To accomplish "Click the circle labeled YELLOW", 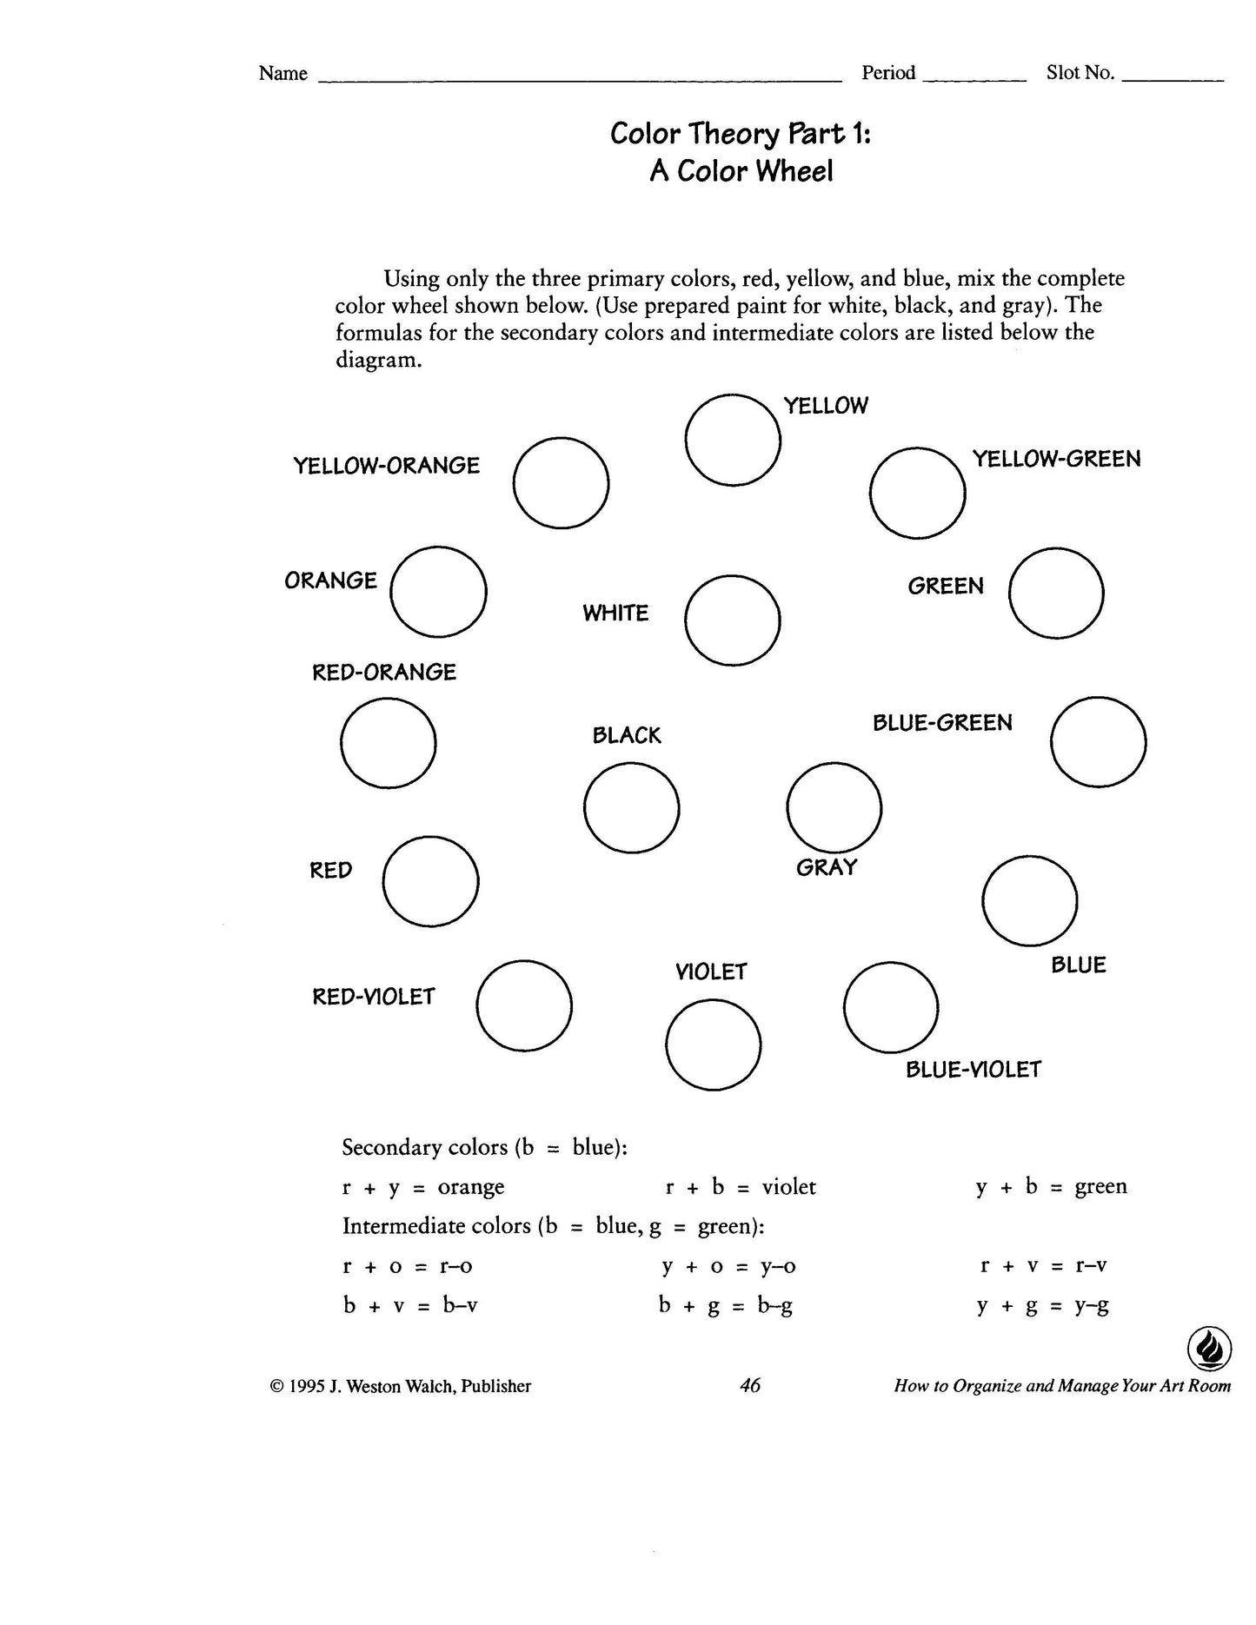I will click(732, 440).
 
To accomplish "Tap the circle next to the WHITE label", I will click(732, 620).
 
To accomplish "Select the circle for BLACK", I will click(631, 807).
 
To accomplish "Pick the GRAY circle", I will click(834, 807).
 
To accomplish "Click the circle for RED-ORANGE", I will click(388, 743).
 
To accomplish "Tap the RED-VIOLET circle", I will click(524, 1005).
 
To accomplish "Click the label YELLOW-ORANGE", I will click(386, 466).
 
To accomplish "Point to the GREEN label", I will click(946, 587).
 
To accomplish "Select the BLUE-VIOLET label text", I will click(973, 1070).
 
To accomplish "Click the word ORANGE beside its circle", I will click(330, 580).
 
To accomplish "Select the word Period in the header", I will click(888, 73).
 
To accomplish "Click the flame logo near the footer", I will click(1209, 1350).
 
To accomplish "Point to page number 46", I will click(749, 1385).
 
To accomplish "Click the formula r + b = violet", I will click(741, 1187).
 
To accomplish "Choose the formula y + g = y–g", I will click(1043, 1305).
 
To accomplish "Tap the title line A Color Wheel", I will click(741, 171).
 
